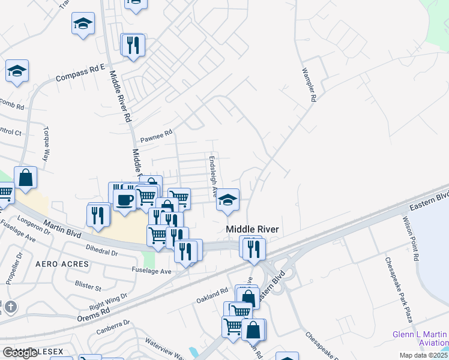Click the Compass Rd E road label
click(x=80, y=73)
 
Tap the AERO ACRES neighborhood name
click(x=62, y=264)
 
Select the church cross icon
click(x=10, y=307)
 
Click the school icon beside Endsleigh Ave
click(x=228, y=200)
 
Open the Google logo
click(x=20, y=353)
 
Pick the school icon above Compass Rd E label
click(x=83, y=23)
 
